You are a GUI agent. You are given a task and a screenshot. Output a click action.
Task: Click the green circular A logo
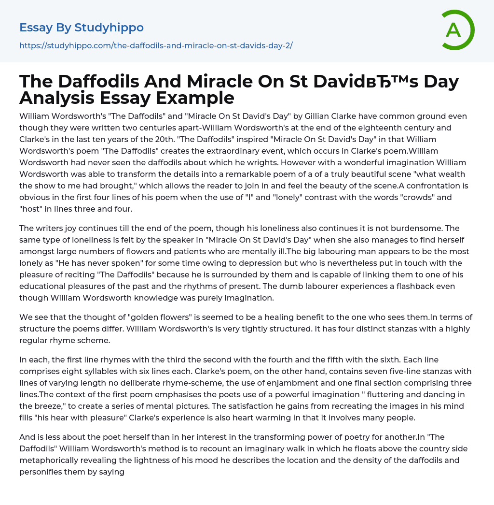pyautogui.click(x=458, y=30)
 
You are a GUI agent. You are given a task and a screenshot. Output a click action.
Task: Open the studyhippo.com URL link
pyautogui.click(x=156, y=46)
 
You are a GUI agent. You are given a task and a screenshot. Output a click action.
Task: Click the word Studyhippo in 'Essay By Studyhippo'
pyautogui.click(x=109, y=28)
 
